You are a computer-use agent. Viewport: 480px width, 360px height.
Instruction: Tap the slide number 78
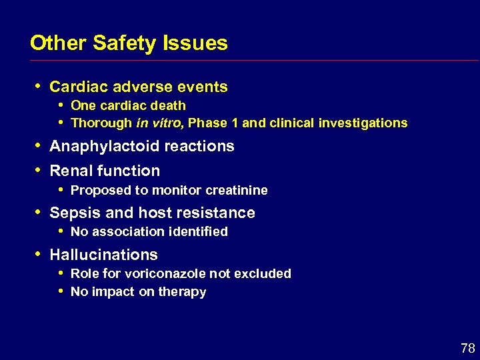pos(467,348)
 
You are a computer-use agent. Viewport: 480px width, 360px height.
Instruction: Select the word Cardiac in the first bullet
pos(77,87)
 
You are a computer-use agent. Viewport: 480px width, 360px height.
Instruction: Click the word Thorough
pos(101,123)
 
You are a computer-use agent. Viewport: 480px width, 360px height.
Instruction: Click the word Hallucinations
pos(104,255)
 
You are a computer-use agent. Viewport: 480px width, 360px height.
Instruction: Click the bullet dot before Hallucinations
pos(38,254)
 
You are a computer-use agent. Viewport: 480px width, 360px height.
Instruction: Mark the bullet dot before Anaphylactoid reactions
pos(38,145)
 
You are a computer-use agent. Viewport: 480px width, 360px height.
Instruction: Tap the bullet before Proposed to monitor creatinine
pos(61,189)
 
